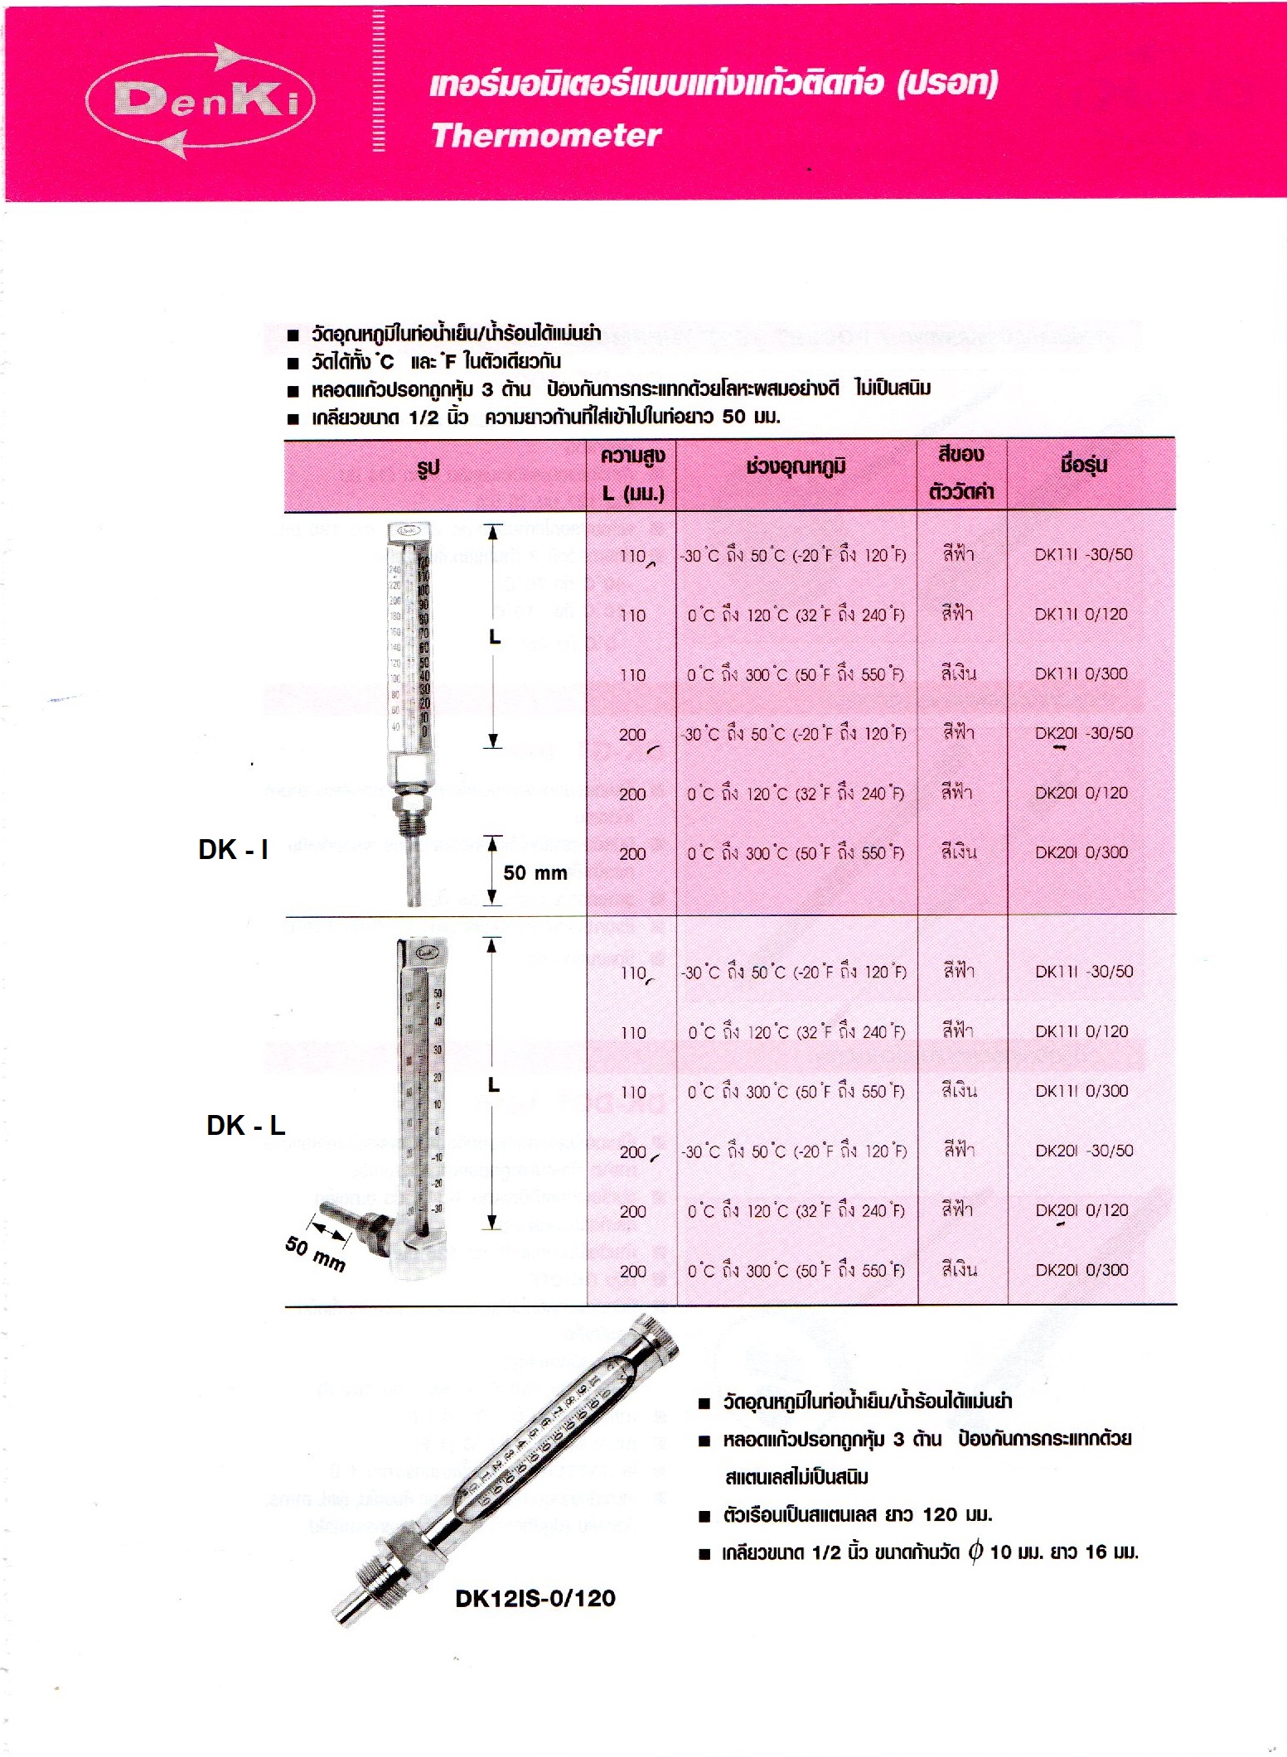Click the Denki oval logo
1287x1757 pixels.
click(x=201, y=101)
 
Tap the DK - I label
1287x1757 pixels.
click(x=233, y=849)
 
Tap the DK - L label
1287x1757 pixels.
click(x=245, y=1125)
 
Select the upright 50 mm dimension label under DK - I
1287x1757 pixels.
click(x=535, y=873)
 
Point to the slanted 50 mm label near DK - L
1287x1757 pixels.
click(x=315, y=1253)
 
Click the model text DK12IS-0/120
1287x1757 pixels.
click(x=535, y=1598)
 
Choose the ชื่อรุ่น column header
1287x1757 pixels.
click(x=1083, y=466)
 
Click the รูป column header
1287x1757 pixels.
click(x=428, y=469)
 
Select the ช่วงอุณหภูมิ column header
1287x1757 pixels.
click(x=796, y=467)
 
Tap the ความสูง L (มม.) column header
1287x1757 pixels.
click(x=632, y=474)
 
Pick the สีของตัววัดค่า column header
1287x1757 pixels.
click(x=961, y=473)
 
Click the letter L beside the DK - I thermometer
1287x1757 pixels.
click(x=495, y=637)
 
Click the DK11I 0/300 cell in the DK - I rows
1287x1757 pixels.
click(x=1081, y=674)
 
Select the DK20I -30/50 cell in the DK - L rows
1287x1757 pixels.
click(x=1084, y=1151)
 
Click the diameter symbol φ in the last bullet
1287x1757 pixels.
click(x=975, y=1551)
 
